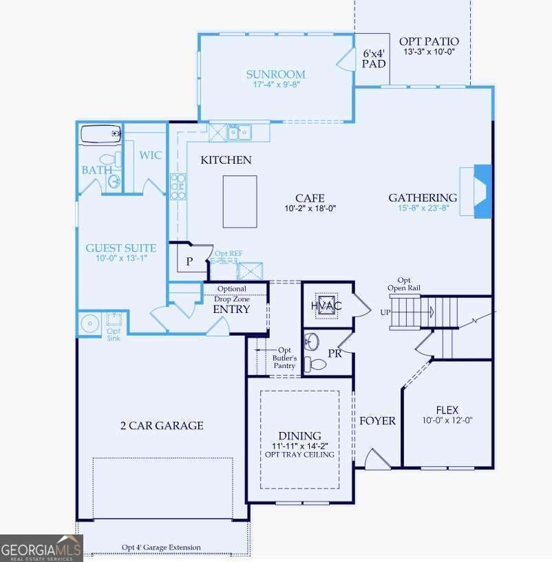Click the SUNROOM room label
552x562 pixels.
pyautogui.click(x=275, y=74)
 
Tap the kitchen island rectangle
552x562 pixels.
pyautogui.click(x=240, y=202)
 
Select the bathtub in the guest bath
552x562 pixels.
pyautogui.click(x=100, y=134)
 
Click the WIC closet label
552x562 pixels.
pyautogui.click(x=150, y=155)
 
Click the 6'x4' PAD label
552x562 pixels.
pyautogui.click(x=374, y=58)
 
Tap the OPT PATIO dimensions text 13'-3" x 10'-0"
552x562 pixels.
pyautogui.click(x=429, y=52)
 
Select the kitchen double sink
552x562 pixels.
pyautogui.click(x=239, y=133)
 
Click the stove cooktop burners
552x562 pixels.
pyautogui.click(x=178, y=186)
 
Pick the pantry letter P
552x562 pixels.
pyautogui.click(x=189, y=261)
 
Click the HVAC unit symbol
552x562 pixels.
pyautogui.click(x=326, y=305)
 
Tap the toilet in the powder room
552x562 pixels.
pyautogui.click(x=315, y=365)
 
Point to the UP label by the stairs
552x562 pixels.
pyautogui.click(x=385, y=312)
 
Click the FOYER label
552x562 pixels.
pyautogui.click(x=377, y=421)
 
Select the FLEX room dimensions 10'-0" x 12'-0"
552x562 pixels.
pyautogui.click(x=447, y=420)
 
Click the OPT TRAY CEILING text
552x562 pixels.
pyautogui.click(x=299, y=455)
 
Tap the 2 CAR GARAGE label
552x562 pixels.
pyautogui.click(x=162, y=425)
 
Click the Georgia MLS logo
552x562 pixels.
pyautogui.click(x=41, y=548)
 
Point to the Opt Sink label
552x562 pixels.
pyautogui.click(x=114, y=334)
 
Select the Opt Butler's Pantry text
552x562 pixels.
pyautogui.click(x=284, y=358)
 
